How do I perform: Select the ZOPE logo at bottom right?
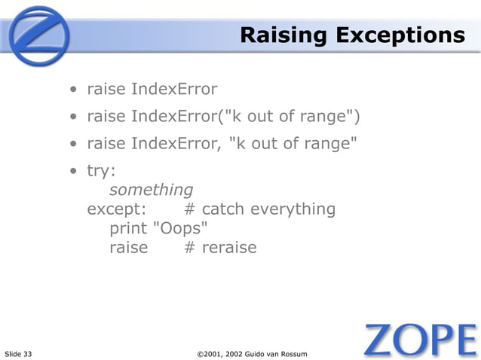click(420, 340)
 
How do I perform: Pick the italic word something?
click(152, 190)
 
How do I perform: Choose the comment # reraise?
click(220, 246)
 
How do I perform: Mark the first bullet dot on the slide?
click(74, 91)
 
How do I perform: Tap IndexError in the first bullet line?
click(174, 90)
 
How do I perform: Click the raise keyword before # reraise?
click(129, 246)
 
